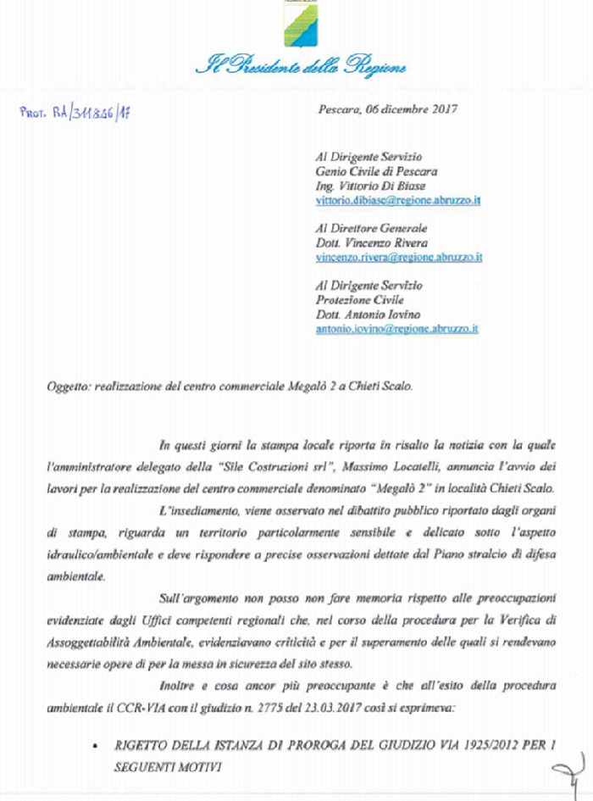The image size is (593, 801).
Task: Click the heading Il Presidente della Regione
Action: coord(301,67)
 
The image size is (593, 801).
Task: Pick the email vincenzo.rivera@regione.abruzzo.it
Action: coord(399,256)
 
